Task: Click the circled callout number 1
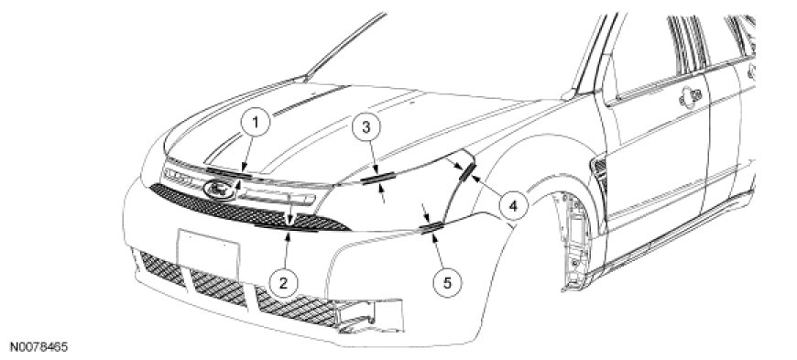[256, 123]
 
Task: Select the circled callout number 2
[283, 282]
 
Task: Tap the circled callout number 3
[366, 127]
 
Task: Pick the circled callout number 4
[513, 206]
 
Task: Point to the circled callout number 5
[447, 283]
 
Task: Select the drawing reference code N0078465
[35, 347]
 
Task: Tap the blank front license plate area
[208, 253]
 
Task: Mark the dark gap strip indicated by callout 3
[378, 177]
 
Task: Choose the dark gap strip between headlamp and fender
[466, 173]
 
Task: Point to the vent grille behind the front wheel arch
[600, 173]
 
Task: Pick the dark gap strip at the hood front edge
[228, 172]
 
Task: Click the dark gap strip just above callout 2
[287, 228]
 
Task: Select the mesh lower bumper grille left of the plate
[162, 268]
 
